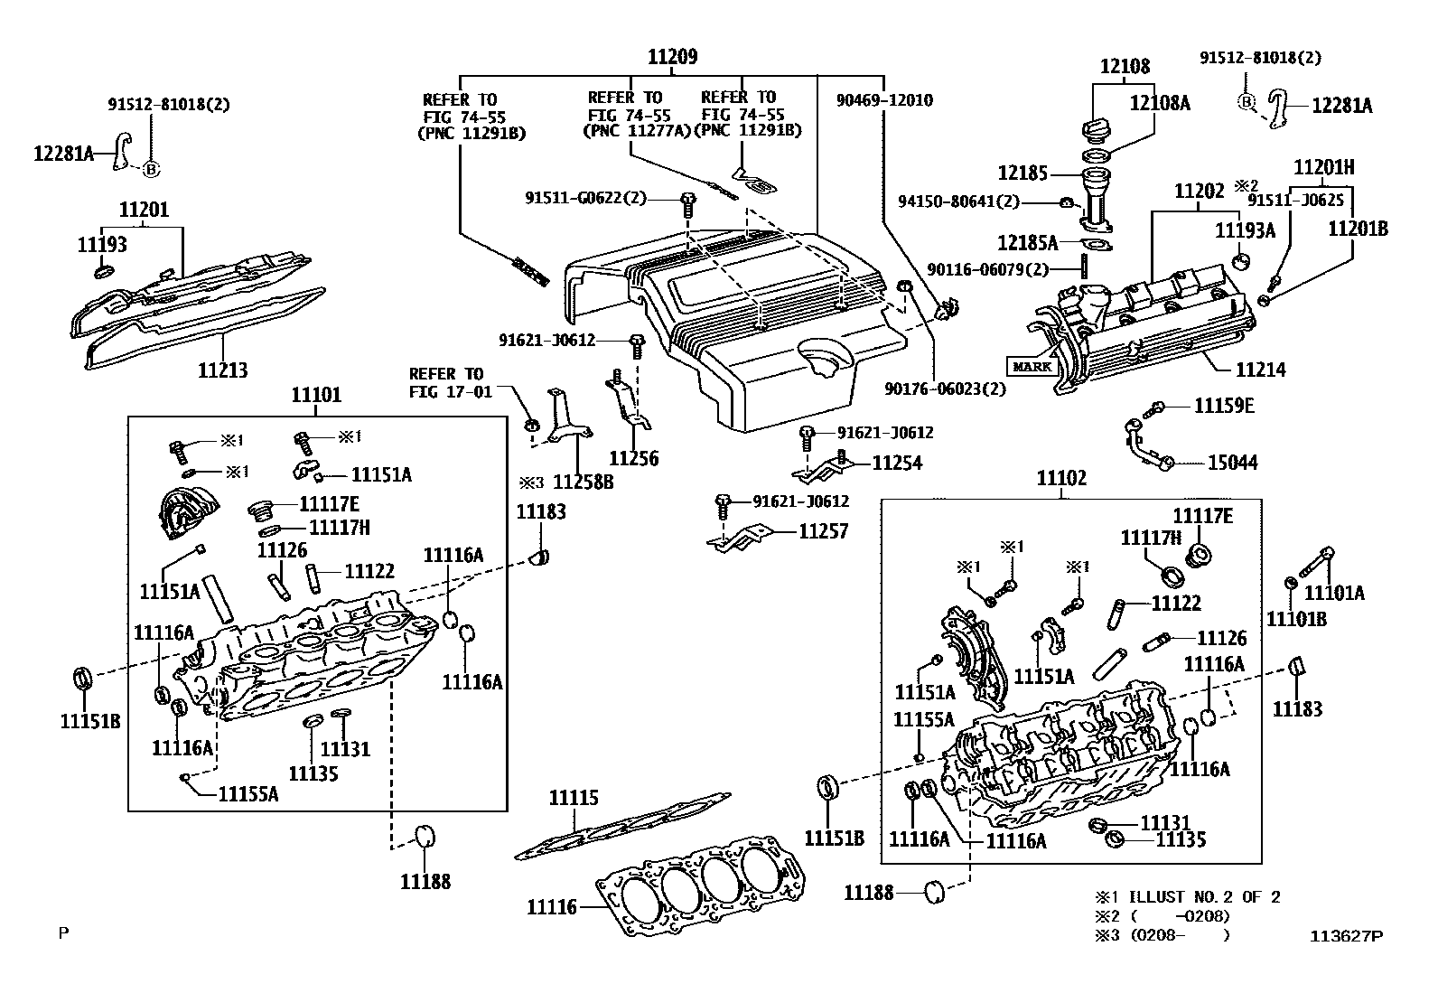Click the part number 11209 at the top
click(672, 57)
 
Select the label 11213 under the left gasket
click(223, 370)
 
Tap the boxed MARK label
click(1032, 366)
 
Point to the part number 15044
click(1232, 463)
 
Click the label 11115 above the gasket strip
click(574, 798)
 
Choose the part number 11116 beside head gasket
click(552, 905)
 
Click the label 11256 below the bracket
click(633, 458)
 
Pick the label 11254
click(897, 463)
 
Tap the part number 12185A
click(1027, 242)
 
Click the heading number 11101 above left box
click(316, 395)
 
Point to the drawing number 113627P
click(1347, 936)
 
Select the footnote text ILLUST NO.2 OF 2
click(1201, 897)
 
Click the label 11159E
click(1224, 406)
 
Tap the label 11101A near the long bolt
click(1335, 593)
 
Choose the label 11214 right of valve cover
click(1260, 370)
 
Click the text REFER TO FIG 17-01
click(446, 382)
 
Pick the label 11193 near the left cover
click(102, 244)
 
